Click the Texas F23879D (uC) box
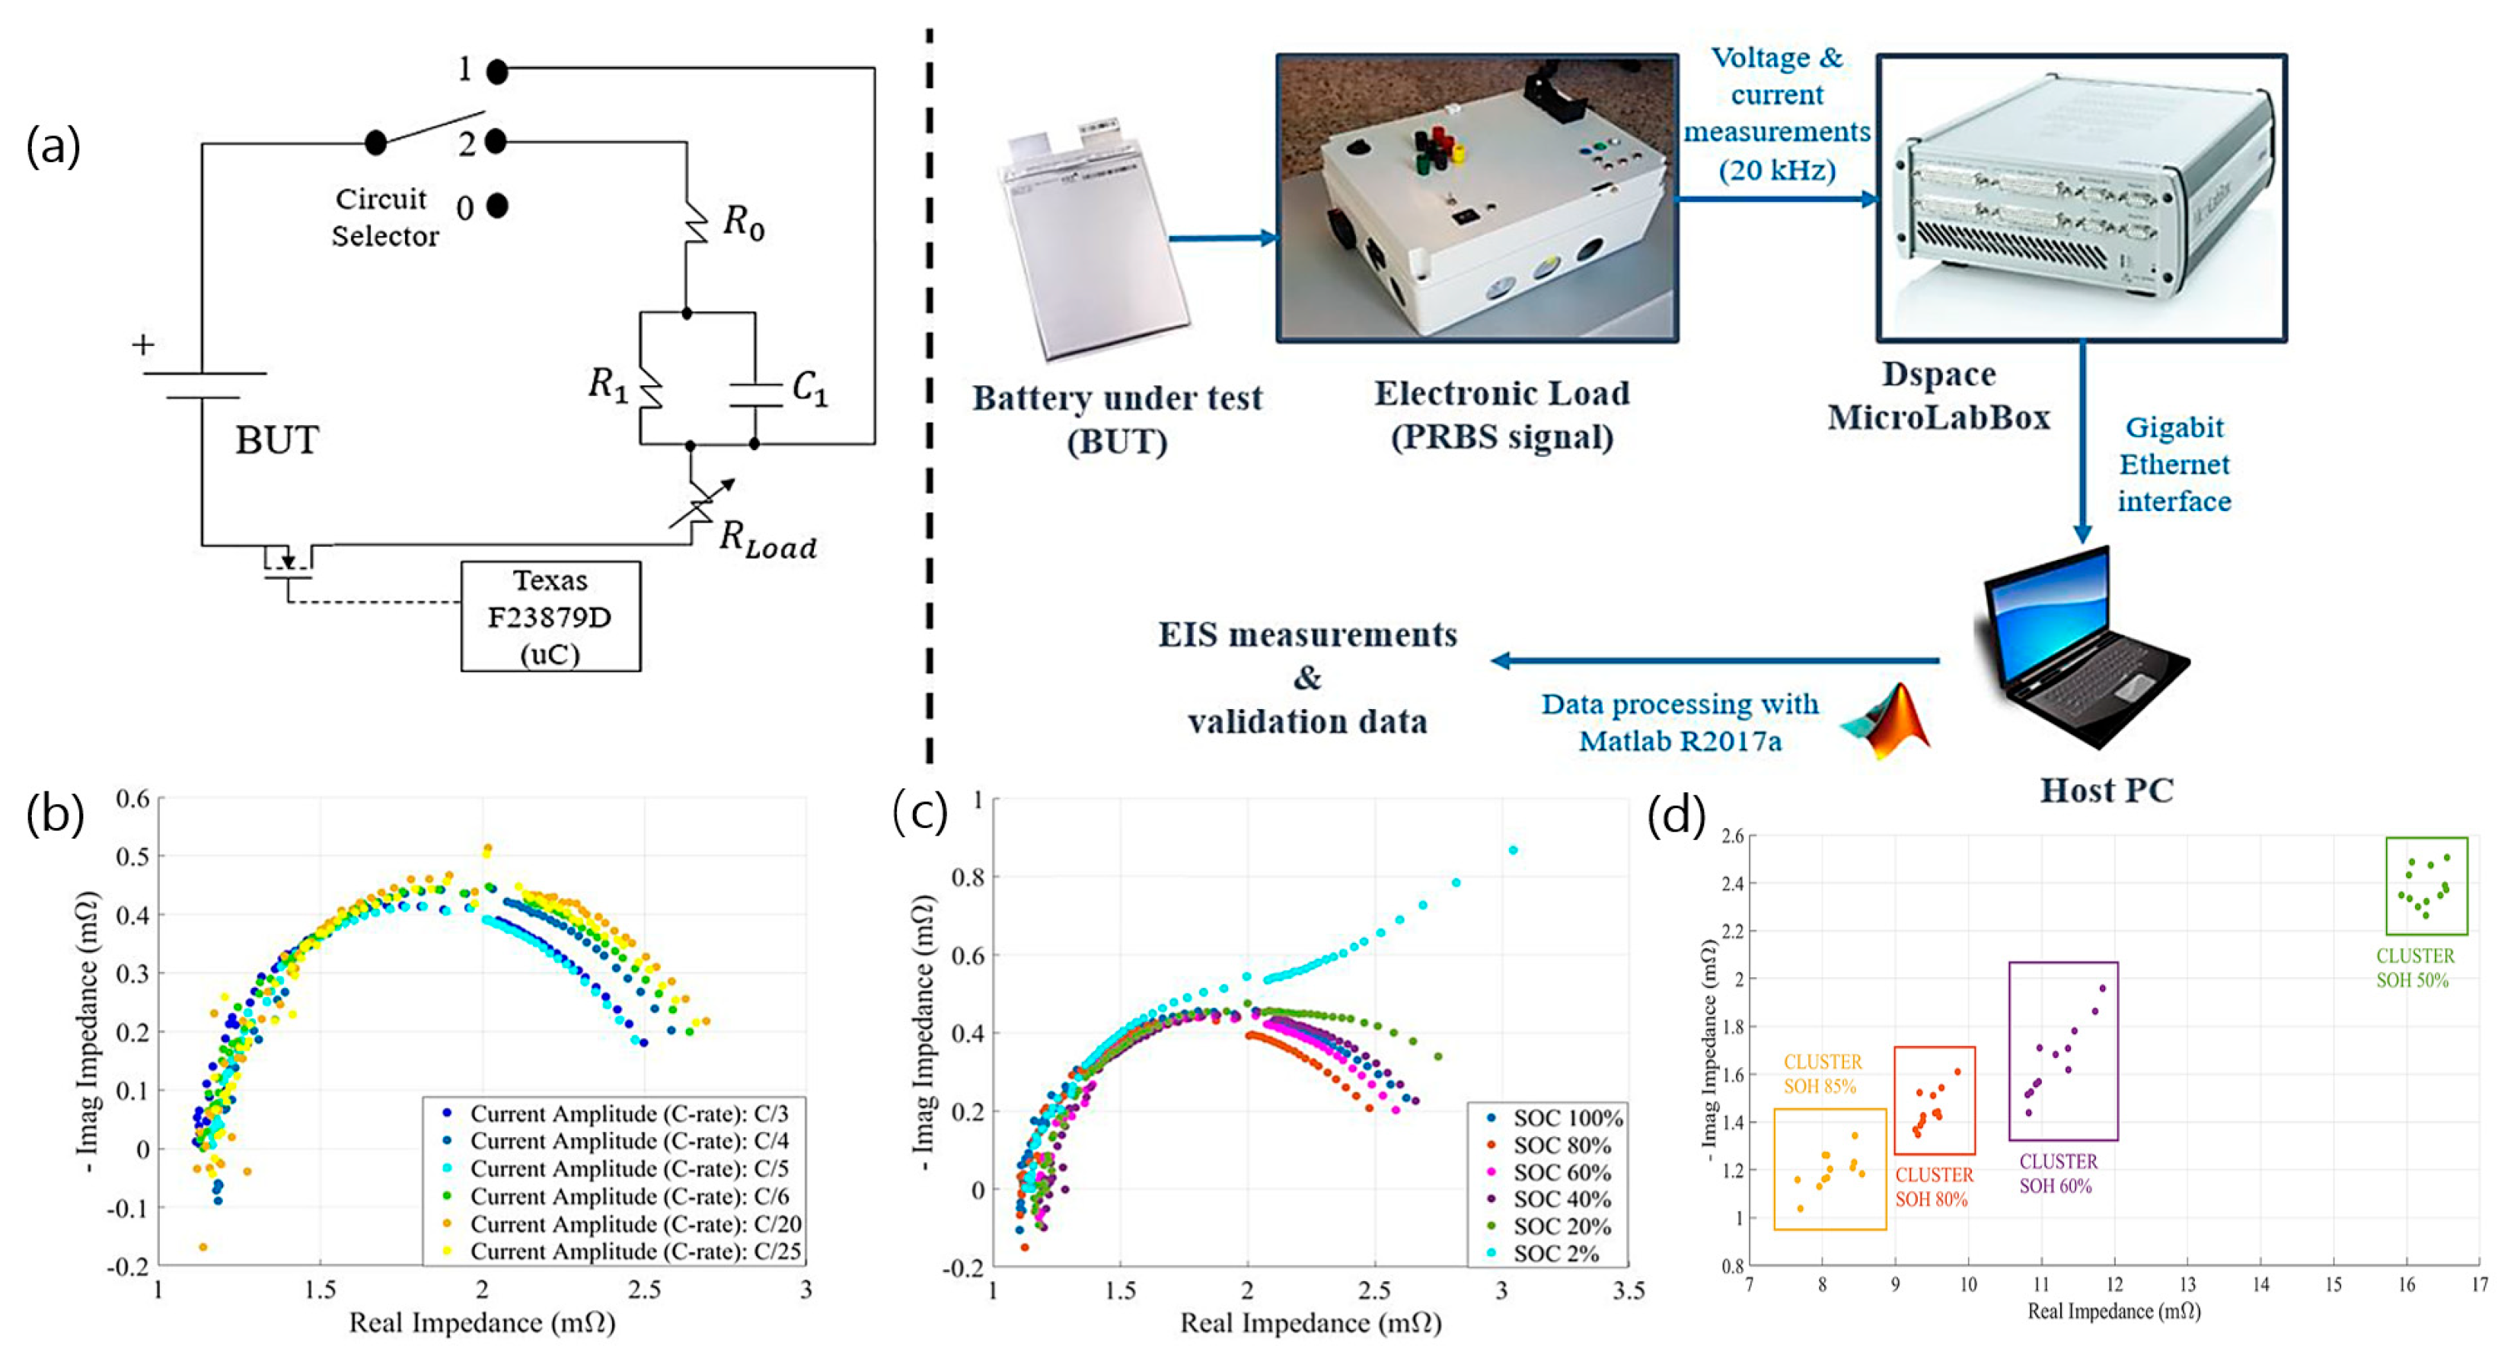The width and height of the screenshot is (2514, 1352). pos(550,616)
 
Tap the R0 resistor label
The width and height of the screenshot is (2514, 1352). pos(742,223)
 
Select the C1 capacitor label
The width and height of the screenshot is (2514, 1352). pos(809,388)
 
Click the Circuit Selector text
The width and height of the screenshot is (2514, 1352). pos(384,218)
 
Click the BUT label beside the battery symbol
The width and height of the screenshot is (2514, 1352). pos(276,440)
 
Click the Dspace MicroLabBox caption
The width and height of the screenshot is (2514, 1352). pos(1938,395)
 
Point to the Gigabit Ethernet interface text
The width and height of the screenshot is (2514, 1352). pos(2174,465)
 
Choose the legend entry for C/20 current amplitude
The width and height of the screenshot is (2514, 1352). pos(634,1223)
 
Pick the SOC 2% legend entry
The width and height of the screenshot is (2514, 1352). pos(1555,1254)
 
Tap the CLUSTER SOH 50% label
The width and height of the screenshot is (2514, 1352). pos(2414,968)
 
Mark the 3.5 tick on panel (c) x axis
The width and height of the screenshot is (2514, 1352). pos(1628,1290)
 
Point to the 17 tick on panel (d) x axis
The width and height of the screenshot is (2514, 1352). pos(2479,1285)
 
